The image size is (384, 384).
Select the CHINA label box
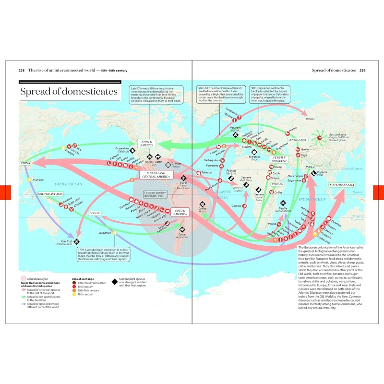25,164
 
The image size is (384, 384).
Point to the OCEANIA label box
95,213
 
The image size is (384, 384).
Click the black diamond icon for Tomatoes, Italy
254,152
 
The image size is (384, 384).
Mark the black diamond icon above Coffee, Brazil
202,204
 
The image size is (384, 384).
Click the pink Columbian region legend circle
23,278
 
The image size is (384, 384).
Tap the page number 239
362,71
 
